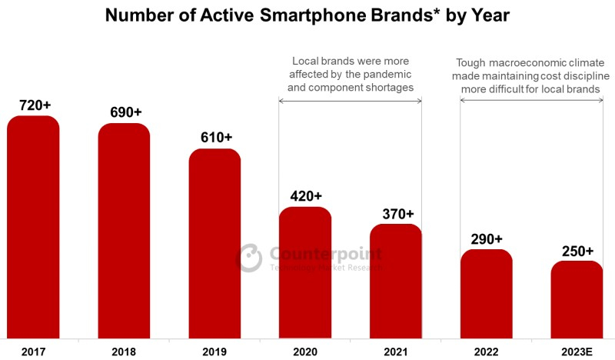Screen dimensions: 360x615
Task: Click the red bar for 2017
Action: click(x=33, y=227)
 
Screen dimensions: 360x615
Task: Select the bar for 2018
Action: click(x=124, y=231)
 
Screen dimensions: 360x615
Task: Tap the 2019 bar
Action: click(x=214, y=243)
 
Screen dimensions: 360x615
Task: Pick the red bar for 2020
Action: click(x=305, y=272)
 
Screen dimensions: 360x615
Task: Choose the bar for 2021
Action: click(x=396, y=281)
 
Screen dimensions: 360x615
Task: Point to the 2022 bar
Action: click(x=487, y=293)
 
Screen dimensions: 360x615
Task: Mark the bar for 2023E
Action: click(x=577, y=299)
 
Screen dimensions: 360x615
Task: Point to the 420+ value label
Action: click(x=306, y=196)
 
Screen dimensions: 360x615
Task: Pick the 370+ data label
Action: click(x=397, y=213)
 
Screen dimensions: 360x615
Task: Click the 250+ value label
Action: click(x=577, y=251)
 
